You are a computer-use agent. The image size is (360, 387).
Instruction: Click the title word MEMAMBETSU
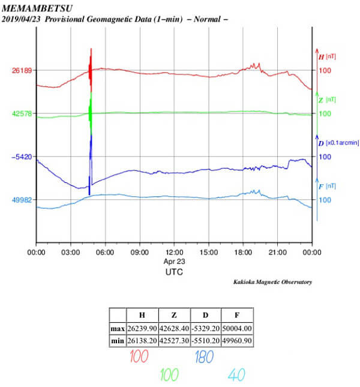(x=35, y=8)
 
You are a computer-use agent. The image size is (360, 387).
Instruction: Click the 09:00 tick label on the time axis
(x=140, y=253)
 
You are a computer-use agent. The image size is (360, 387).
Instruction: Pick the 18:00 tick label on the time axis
(x=243, y=253)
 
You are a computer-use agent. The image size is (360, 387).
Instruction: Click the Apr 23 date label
(x=174, y=262)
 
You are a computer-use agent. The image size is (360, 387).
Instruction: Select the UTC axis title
(x=174, y=272)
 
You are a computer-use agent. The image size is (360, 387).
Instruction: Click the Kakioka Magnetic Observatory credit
(x=272, y=282)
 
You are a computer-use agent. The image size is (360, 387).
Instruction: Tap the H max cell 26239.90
(x=142, y=328)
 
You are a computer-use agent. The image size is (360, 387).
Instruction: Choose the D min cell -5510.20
(x=205, y=341)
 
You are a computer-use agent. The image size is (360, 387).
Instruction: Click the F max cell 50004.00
(x=236, y=328)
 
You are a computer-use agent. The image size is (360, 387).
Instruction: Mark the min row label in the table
(x=117, y=341)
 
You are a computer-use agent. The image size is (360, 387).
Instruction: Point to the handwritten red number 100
(x=139, y=358)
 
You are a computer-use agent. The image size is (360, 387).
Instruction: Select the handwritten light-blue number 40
(x=236, y=375)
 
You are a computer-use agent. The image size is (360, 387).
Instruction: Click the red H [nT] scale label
(x=326, y=56)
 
